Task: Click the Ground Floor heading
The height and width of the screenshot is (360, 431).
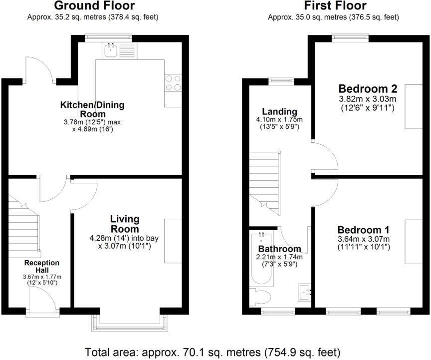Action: (94, 6)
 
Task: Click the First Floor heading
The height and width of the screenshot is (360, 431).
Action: (335, 6)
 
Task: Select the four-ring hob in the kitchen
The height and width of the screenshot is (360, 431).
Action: (173, 82)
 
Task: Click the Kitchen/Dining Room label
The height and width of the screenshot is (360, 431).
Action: (92, 109)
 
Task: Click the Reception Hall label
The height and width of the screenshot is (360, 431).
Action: (42, 266)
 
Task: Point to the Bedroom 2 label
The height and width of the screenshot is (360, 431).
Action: (368, 89)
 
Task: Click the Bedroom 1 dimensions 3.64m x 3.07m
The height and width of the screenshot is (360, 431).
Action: (363, 239)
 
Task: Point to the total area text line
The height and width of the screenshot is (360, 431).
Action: (213, 351)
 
